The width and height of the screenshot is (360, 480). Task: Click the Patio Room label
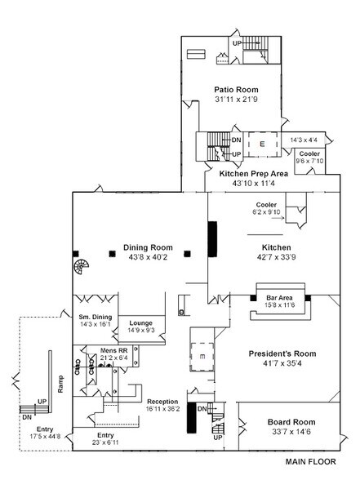pyautogui.click(x=235, y=90)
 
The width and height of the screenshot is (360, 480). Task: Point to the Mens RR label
pyautogui.click(x=113, y=350)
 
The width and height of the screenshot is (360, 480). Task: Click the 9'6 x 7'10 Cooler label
pyautogui.click(x=309, y=161)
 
